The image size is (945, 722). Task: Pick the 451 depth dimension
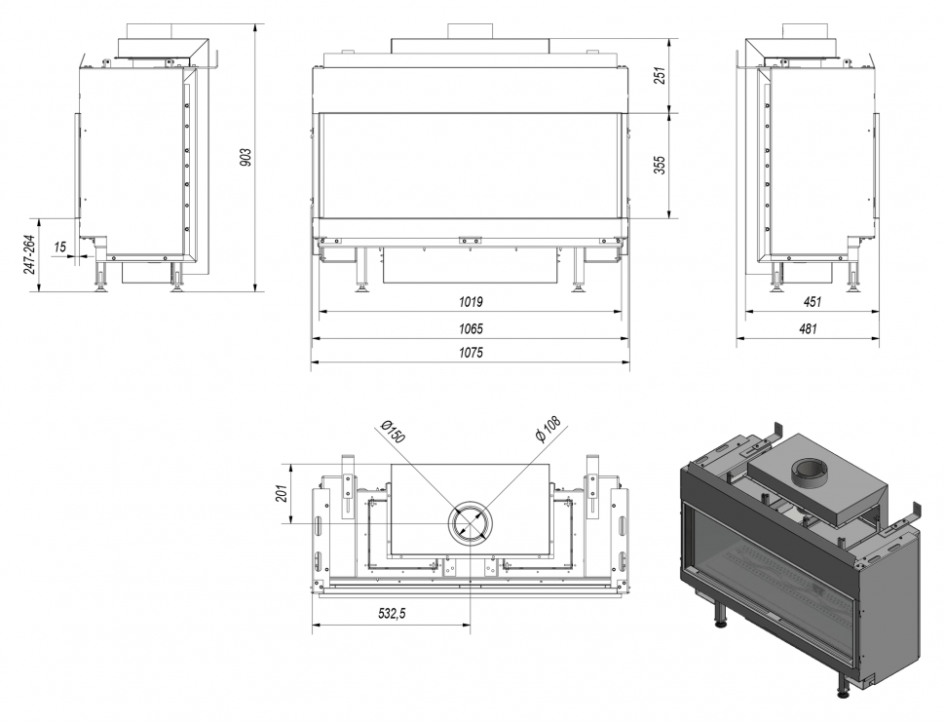(x=813, y=302)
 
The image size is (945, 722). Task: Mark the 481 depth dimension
(x=808, y=328)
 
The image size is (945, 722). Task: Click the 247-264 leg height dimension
(x=29, y=253)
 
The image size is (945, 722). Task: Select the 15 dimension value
(x=60, y=247)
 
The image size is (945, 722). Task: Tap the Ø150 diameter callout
(x=392, y=432)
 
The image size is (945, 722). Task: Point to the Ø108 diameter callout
(x=548, y=430)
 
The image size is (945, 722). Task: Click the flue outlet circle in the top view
(x=471, y=523)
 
